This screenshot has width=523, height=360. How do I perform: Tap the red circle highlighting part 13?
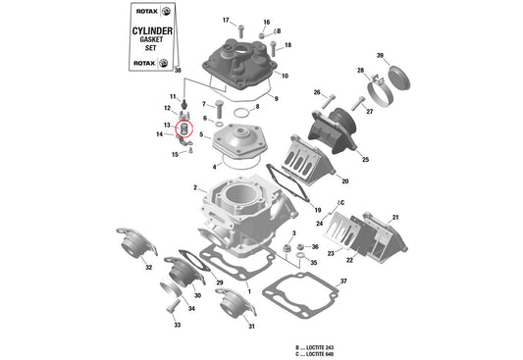(182, 128)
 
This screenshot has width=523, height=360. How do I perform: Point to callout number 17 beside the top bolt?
(226, 21)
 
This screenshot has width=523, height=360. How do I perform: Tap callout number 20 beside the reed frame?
(344, 181)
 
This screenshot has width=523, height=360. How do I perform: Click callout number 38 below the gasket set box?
(178, 71)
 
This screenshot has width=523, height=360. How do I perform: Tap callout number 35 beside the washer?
(313, 263)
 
